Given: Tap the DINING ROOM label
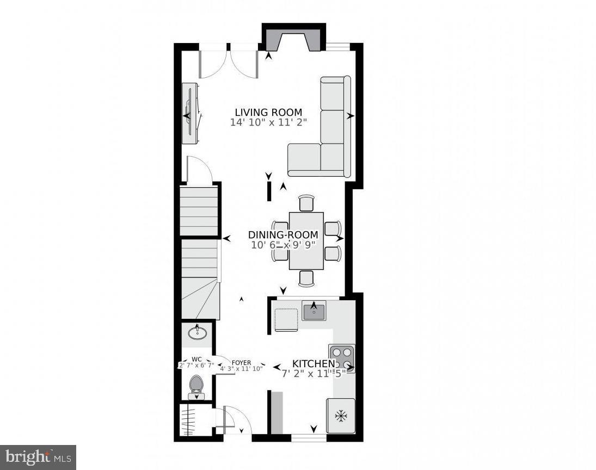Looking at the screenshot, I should (x=283, y=235).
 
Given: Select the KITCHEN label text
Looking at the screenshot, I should (x=314, y=363).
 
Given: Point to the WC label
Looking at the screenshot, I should (x=197, y=360).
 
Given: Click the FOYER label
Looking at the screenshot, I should (x=241, y=362).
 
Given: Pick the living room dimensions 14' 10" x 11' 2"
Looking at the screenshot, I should (x=268, y=123).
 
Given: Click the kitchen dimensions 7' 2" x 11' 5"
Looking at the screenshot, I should (x=314, y=374).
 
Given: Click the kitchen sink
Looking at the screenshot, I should (x=314, y=312).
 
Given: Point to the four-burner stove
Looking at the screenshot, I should (x=341, y=358).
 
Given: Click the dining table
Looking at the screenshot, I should (x=306, y=240).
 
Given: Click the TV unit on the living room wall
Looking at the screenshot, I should (x=190, y=114).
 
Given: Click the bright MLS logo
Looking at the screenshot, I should (x=38, y=457).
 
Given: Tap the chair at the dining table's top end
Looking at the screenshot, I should (x=306, y=203).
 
